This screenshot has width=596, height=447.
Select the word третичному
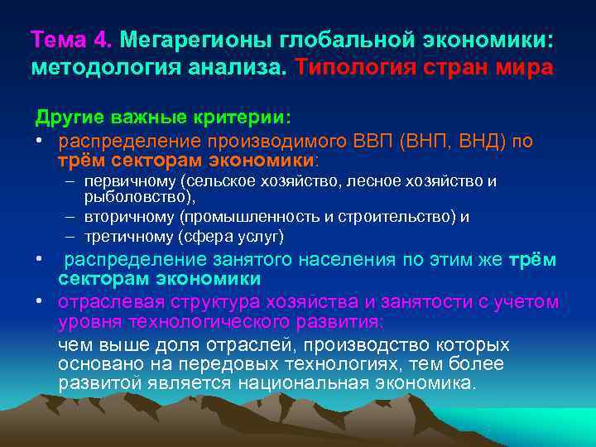pyautogui.click(x=137, y=237)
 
